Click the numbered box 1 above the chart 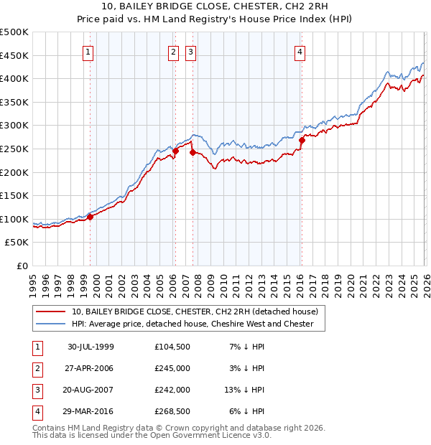88,51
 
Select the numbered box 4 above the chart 299,51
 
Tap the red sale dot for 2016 302,141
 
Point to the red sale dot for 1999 91,217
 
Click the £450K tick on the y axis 14,55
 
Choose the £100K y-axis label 14,219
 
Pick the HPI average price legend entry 192,324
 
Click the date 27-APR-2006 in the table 91,368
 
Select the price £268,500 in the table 172,411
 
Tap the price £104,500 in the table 172,347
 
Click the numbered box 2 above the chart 174,51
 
